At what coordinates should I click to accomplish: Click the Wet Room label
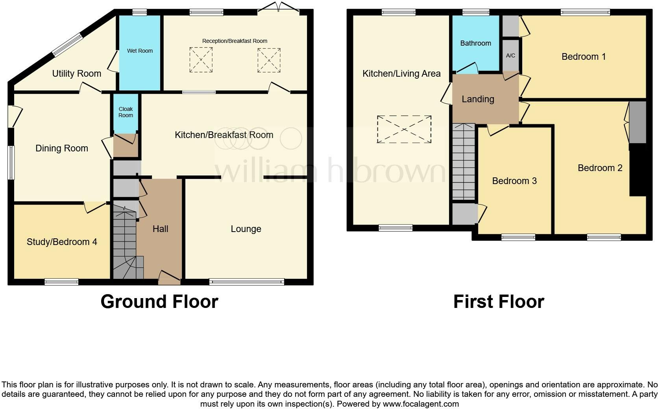tap(140, 51)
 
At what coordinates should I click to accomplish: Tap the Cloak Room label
tap(126, 112)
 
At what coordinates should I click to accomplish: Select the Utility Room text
tap(77, 74)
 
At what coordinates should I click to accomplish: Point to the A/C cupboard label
tap(510, 55)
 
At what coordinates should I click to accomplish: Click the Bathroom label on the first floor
tap(475, 43)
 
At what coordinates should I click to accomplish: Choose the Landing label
tap(478, 99)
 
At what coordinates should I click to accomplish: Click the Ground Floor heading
tap(159, 302)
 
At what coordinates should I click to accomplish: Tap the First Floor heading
tap(499, 302)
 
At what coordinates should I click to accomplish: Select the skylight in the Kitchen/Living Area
tap(404, 129)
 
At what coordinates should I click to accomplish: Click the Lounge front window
tap(246, 282)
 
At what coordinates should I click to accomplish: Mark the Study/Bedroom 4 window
tap(61, 282)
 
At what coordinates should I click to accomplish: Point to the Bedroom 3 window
tap(518, 237)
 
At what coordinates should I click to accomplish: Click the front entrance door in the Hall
tap(169, 278)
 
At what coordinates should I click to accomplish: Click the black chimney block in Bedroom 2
tap(638, 170)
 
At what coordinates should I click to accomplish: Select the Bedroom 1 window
tap(585, 13)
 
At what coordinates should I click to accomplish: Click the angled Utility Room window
tap(68, 45)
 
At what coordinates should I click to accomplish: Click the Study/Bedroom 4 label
tap(62, 242)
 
